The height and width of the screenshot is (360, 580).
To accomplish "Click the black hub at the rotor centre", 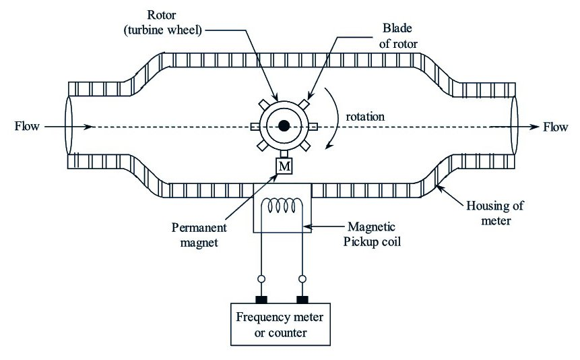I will pos(284,125).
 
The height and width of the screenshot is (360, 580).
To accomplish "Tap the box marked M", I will pos(284,165).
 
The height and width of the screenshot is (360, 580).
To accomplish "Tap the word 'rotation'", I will pos(366,116).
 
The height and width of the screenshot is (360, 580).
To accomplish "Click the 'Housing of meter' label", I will pos(494,212).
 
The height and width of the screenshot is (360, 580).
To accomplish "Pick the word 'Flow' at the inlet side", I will pos(28,126).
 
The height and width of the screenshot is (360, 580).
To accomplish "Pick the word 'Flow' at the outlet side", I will pos(556,126).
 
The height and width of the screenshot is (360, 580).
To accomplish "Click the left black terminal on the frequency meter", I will pos(261,299).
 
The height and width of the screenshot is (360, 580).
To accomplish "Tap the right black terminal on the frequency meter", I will pos(302,299).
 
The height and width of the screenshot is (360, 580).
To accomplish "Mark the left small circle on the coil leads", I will pos(261,278).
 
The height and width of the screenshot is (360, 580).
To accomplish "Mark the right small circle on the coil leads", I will pos(302,278).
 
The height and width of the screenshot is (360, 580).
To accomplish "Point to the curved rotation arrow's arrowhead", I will pos(328,144).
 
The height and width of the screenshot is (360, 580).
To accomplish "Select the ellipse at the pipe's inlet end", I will pos(69,126).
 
